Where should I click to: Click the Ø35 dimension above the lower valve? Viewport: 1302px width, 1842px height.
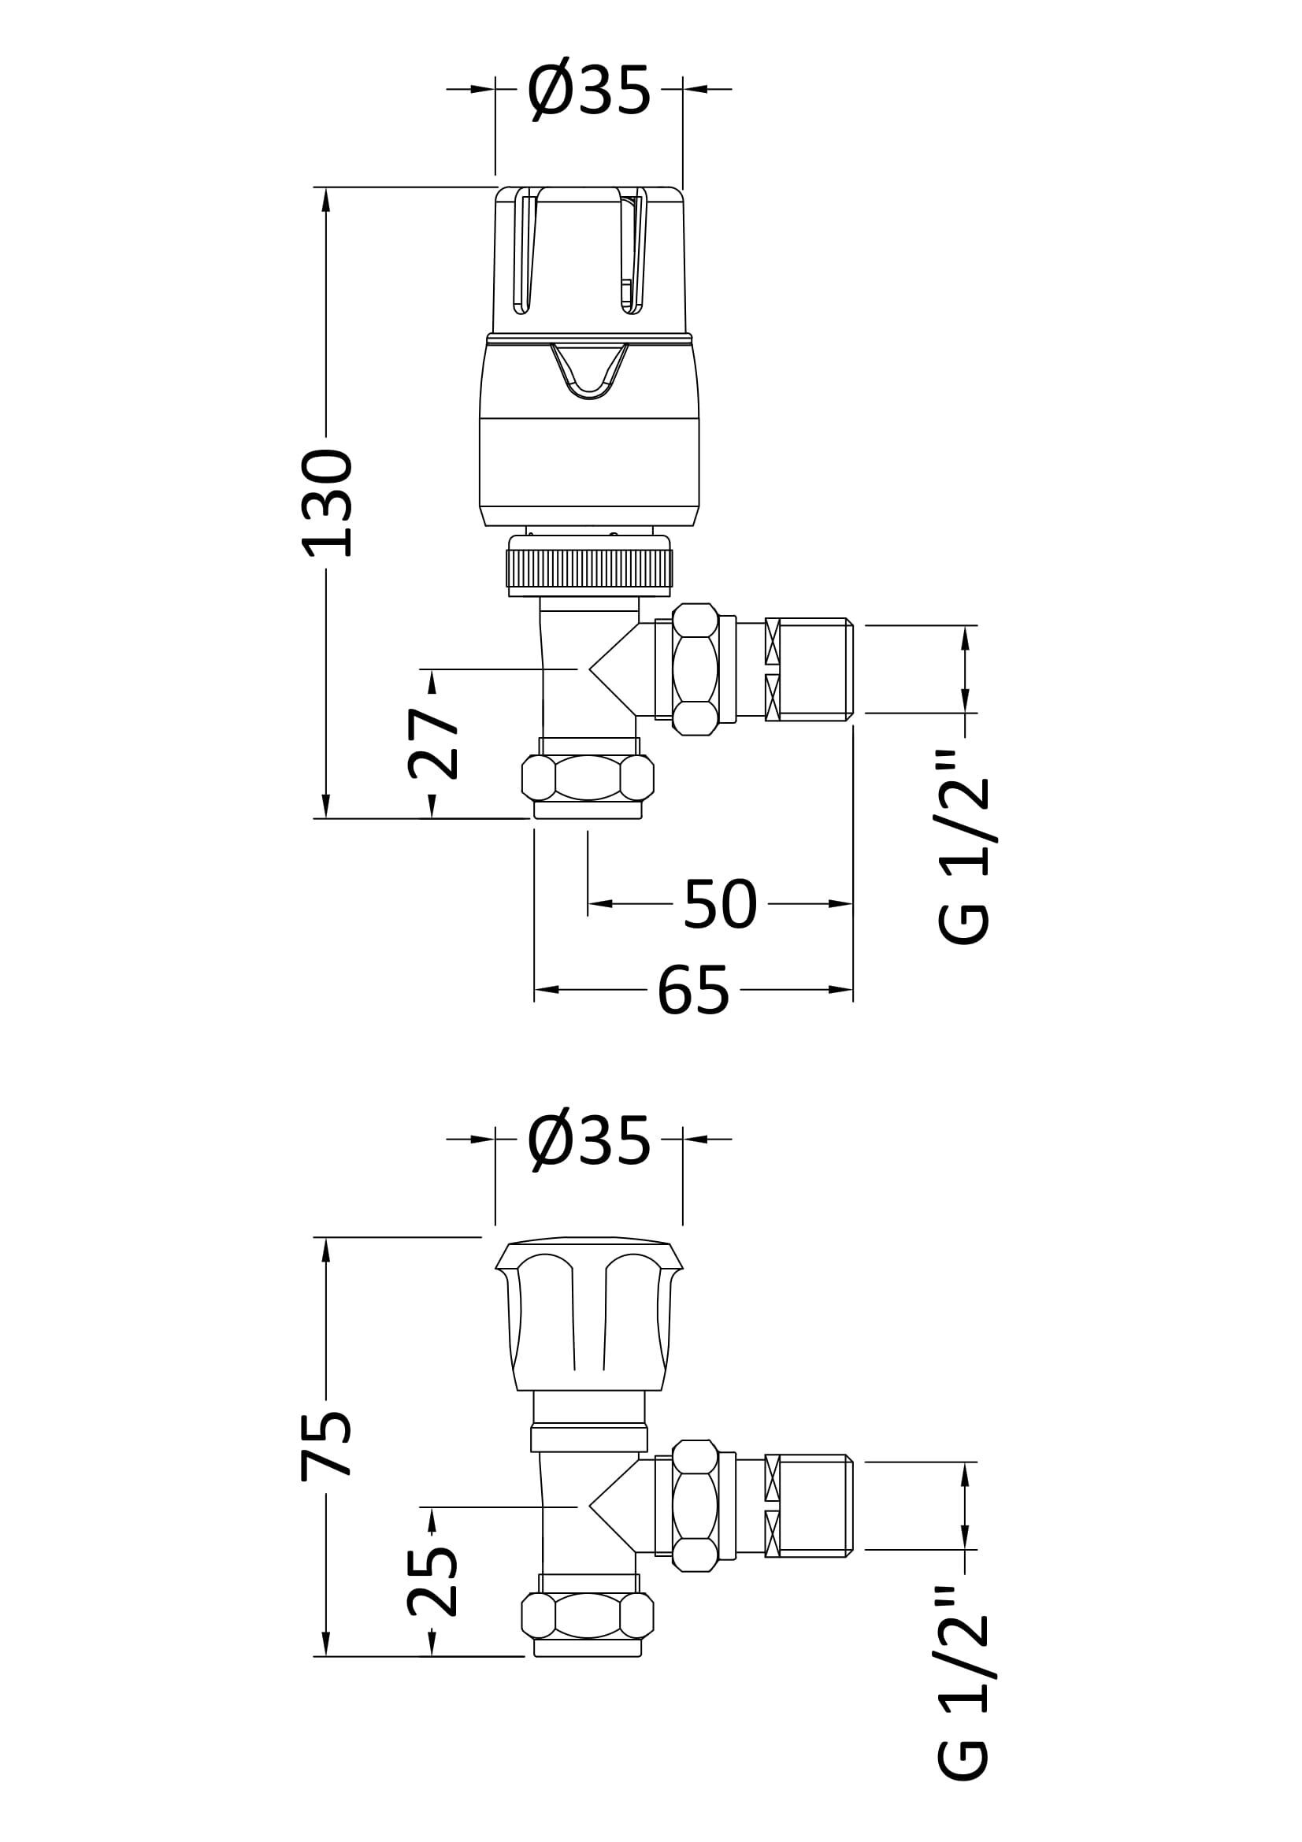pyautogui.click(x=588, y=1142)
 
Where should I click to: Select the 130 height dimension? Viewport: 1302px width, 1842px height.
pyautogui.click(x=327, y=503)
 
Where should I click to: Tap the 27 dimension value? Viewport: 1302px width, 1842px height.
pyautogui.click(x=432, y=743)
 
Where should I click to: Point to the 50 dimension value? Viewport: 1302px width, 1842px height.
pyautogui.click(x=720, y=904)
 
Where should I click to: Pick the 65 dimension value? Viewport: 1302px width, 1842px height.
pyautogui.click(x=693, y=990)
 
